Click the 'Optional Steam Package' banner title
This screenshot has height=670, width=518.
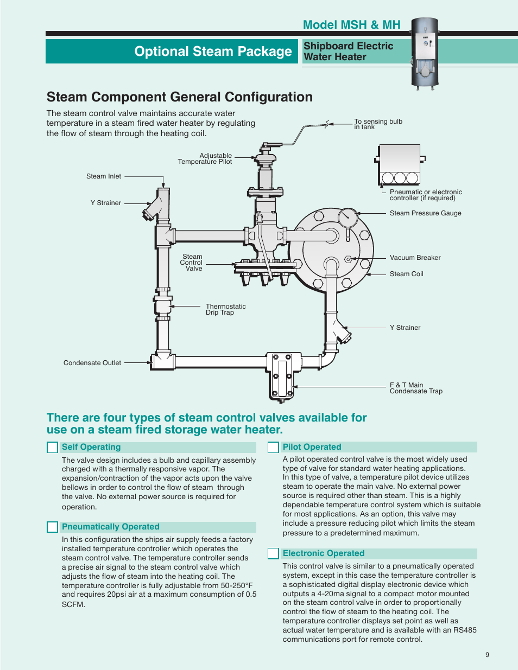point(213,52)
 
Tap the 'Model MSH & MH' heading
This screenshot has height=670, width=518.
point(351,25)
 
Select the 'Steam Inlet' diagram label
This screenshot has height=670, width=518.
point(104,176)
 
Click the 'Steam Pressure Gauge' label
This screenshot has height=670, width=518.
point(425,213)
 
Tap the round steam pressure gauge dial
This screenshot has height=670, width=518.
point(348,218)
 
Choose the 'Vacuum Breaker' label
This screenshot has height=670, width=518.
point(415,258)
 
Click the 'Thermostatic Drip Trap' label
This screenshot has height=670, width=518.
point(225,309)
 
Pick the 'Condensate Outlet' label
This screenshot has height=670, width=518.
point(92,363)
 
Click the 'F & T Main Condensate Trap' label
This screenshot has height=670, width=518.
point(416,388)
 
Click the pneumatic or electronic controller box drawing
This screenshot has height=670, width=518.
point(400,164)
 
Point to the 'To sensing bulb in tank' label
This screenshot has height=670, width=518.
point(378,124)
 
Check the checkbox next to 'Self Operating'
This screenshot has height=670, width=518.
point(53,448)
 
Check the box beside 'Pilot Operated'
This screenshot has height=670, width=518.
point(273,448)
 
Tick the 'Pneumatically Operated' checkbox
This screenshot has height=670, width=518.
point(53,527)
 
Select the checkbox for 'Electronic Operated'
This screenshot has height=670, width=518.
point(273,554)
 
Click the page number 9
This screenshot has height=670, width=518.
point(487,655)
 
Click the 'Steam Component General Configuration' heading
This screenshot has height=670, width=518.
point(180,97)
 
